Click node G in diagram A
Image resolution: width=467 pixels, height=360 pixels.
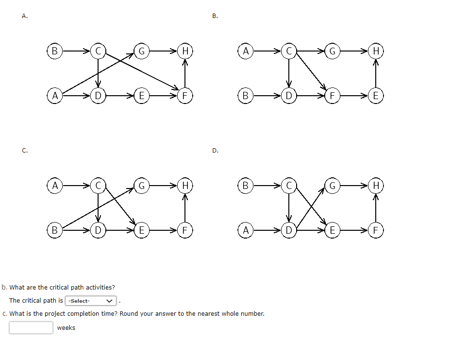(141, 51)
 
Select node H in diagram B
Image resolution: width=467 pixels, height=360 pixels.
(376, 51)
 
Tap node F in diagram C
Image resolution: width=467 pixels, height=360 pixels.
(185, 230)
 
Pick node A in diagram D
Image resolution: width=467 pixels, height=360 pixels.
(246, 230)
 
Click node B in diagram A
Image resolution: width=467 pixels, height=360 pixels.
(54, 51)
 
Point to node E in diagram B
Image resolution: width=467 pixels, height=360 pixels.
(376, 96)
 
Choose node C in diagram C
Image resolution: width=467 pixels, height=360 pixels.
(98, 186)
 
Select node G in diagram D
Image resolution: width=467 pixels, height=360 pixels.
(333, 186)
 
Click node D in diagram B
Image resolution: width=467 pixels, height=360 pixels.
(289, 96)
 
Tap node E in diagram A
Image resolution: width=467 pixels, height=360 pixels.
(141, 96)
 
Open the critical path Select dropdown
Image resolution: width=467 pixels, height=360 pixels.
(91, 301)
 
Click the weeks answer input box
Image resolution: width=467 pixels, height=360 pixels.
(31, 327)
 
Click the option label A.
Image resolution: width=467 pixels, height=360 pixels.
(25, 16)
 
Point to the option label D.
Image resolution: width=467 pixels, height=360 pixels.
(215, 151)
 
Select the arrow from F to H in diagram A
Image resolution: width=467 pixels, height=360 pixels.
(185, 73)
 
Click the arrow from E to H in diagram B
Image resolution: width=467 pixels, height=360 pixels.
(376, 73)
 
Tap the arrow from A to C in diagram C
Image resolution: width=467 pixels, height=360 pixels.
(76, 186)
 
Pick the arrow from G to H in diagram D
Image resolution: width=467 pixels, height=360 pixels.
(354, 186)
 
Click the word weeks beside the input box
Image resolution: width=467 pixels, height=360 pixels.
(66, 328)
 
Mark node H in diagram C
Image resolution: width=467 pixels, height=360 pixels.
(185, 186)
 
